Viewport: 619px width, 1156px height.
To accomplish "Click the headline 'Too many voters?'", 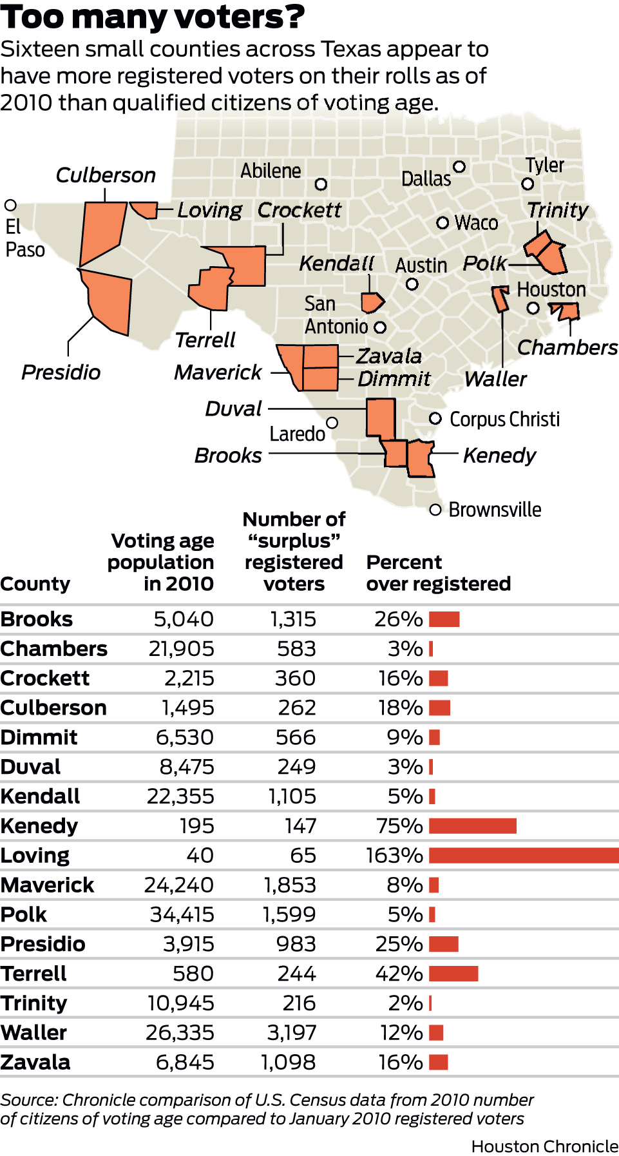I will (x=153, y=17).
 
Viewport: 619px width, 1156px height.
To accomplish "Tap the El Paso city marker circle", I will (x=10, y=206).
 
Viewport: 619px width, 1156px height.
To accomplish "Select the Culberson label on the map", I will (x=106, y=175).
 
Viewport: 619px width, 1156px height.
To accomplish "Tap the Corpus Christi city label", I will (x=504, y=419).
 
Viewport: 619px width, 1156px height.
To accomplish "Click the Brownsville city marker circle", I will (x=435, y=510).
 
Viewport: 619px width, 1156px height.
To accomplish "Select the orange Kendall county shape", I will (x=372, y=302).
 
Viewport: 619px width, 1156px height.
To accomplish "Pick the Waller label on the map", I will (x=495, y=379).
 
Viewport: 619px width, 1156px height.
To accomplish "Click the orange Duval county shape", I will (x=381, y=418).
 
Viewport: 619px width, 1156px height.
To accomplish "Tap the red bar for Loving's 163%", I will (x=523, y=855).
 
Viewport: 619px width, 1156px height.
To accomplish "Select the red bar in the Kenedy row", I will (x=472, y=825).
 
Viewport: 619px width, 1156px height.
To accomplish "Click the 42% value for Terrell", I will (x=399, y=974).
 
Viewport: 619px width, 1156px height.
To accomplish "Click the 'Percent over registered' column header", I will (x=438, y=573).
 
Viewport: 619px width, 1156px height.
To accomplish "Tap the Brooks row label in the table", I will (x=37, y=619).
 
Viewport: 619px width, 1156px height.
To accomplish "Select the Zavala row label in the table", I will (x=35, y=1063).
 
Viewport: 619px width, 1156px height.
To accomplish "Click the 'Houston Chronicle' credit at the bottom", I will (x=544, y=1146).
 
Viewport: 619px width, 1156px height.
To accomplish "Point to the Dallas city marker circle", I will (x=459, y=167).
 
